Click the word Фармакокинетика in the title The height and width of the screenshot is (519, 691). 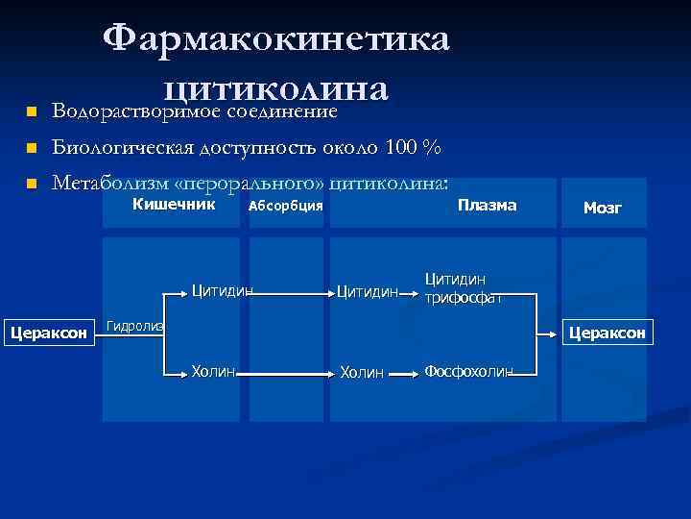click(x=275, y=39)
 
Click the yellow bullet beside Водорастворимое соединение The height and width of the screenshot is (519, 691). click(x=30, y=112)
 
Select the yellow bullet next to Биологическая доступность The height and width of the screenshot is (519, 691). click(x=30, y=148)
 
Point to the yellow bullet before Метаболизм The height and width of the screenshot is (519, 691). click(x=30, y=183)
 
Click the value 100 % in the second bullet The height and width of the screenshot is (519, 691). click(x=413, y=148)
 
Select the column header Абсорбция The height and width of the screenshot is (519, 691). click(x=285, y=206)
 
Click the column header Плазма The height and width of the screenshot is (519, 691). click(x=487, y=205)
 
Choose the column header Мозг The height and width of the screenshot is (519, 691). click(x=603, y=208)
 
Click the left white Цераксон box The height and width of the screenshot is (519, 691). click(x=48, y=334)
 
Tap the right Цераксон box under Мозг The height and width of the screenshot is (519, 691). click(x=608, y=334)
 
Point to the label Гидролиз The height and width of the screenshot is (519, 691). click(x=134, y=327)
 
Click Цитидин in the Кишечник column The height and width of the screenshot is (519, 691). click(x=223, y=289)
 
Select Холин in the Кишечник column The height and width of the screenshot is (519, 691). click(x=213, y=371)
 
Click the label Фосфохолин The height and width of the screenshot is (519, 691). click(x=469, y=371)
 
